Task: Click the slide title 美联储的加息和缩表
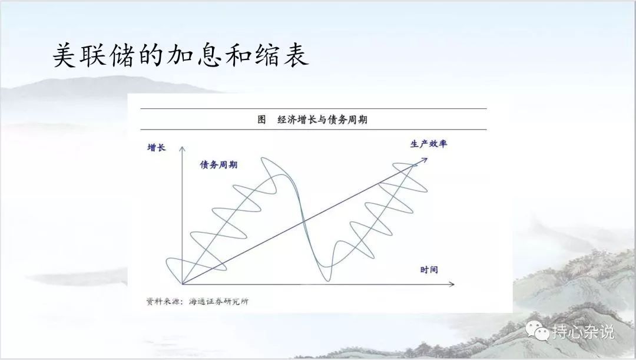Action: (181, 55)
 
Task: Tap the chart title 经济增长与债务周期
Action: (323, 120)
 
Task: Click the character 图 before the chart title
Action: (262, 120)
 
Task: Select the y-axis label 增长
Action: (157, 147)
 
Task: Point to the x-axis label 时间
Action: (429, 269)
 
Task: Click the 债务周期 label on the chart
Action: (218, 165)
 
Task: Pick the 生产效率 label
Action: (429, 144)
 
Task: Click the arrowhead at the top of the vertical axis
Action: (182, 148)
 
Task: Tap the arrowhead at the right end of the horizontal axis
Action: (452, 284)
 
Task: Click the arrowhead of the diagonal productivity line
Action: (424, 160)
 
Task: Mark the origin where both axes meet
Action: (182, 284)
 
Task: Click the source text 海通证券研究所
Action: (218, 302)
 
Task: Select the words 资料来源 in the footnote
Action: (161, 302)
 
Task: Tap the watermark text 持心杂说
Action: (583, 332)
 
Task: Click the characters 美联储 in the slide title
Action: (94, 55)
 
